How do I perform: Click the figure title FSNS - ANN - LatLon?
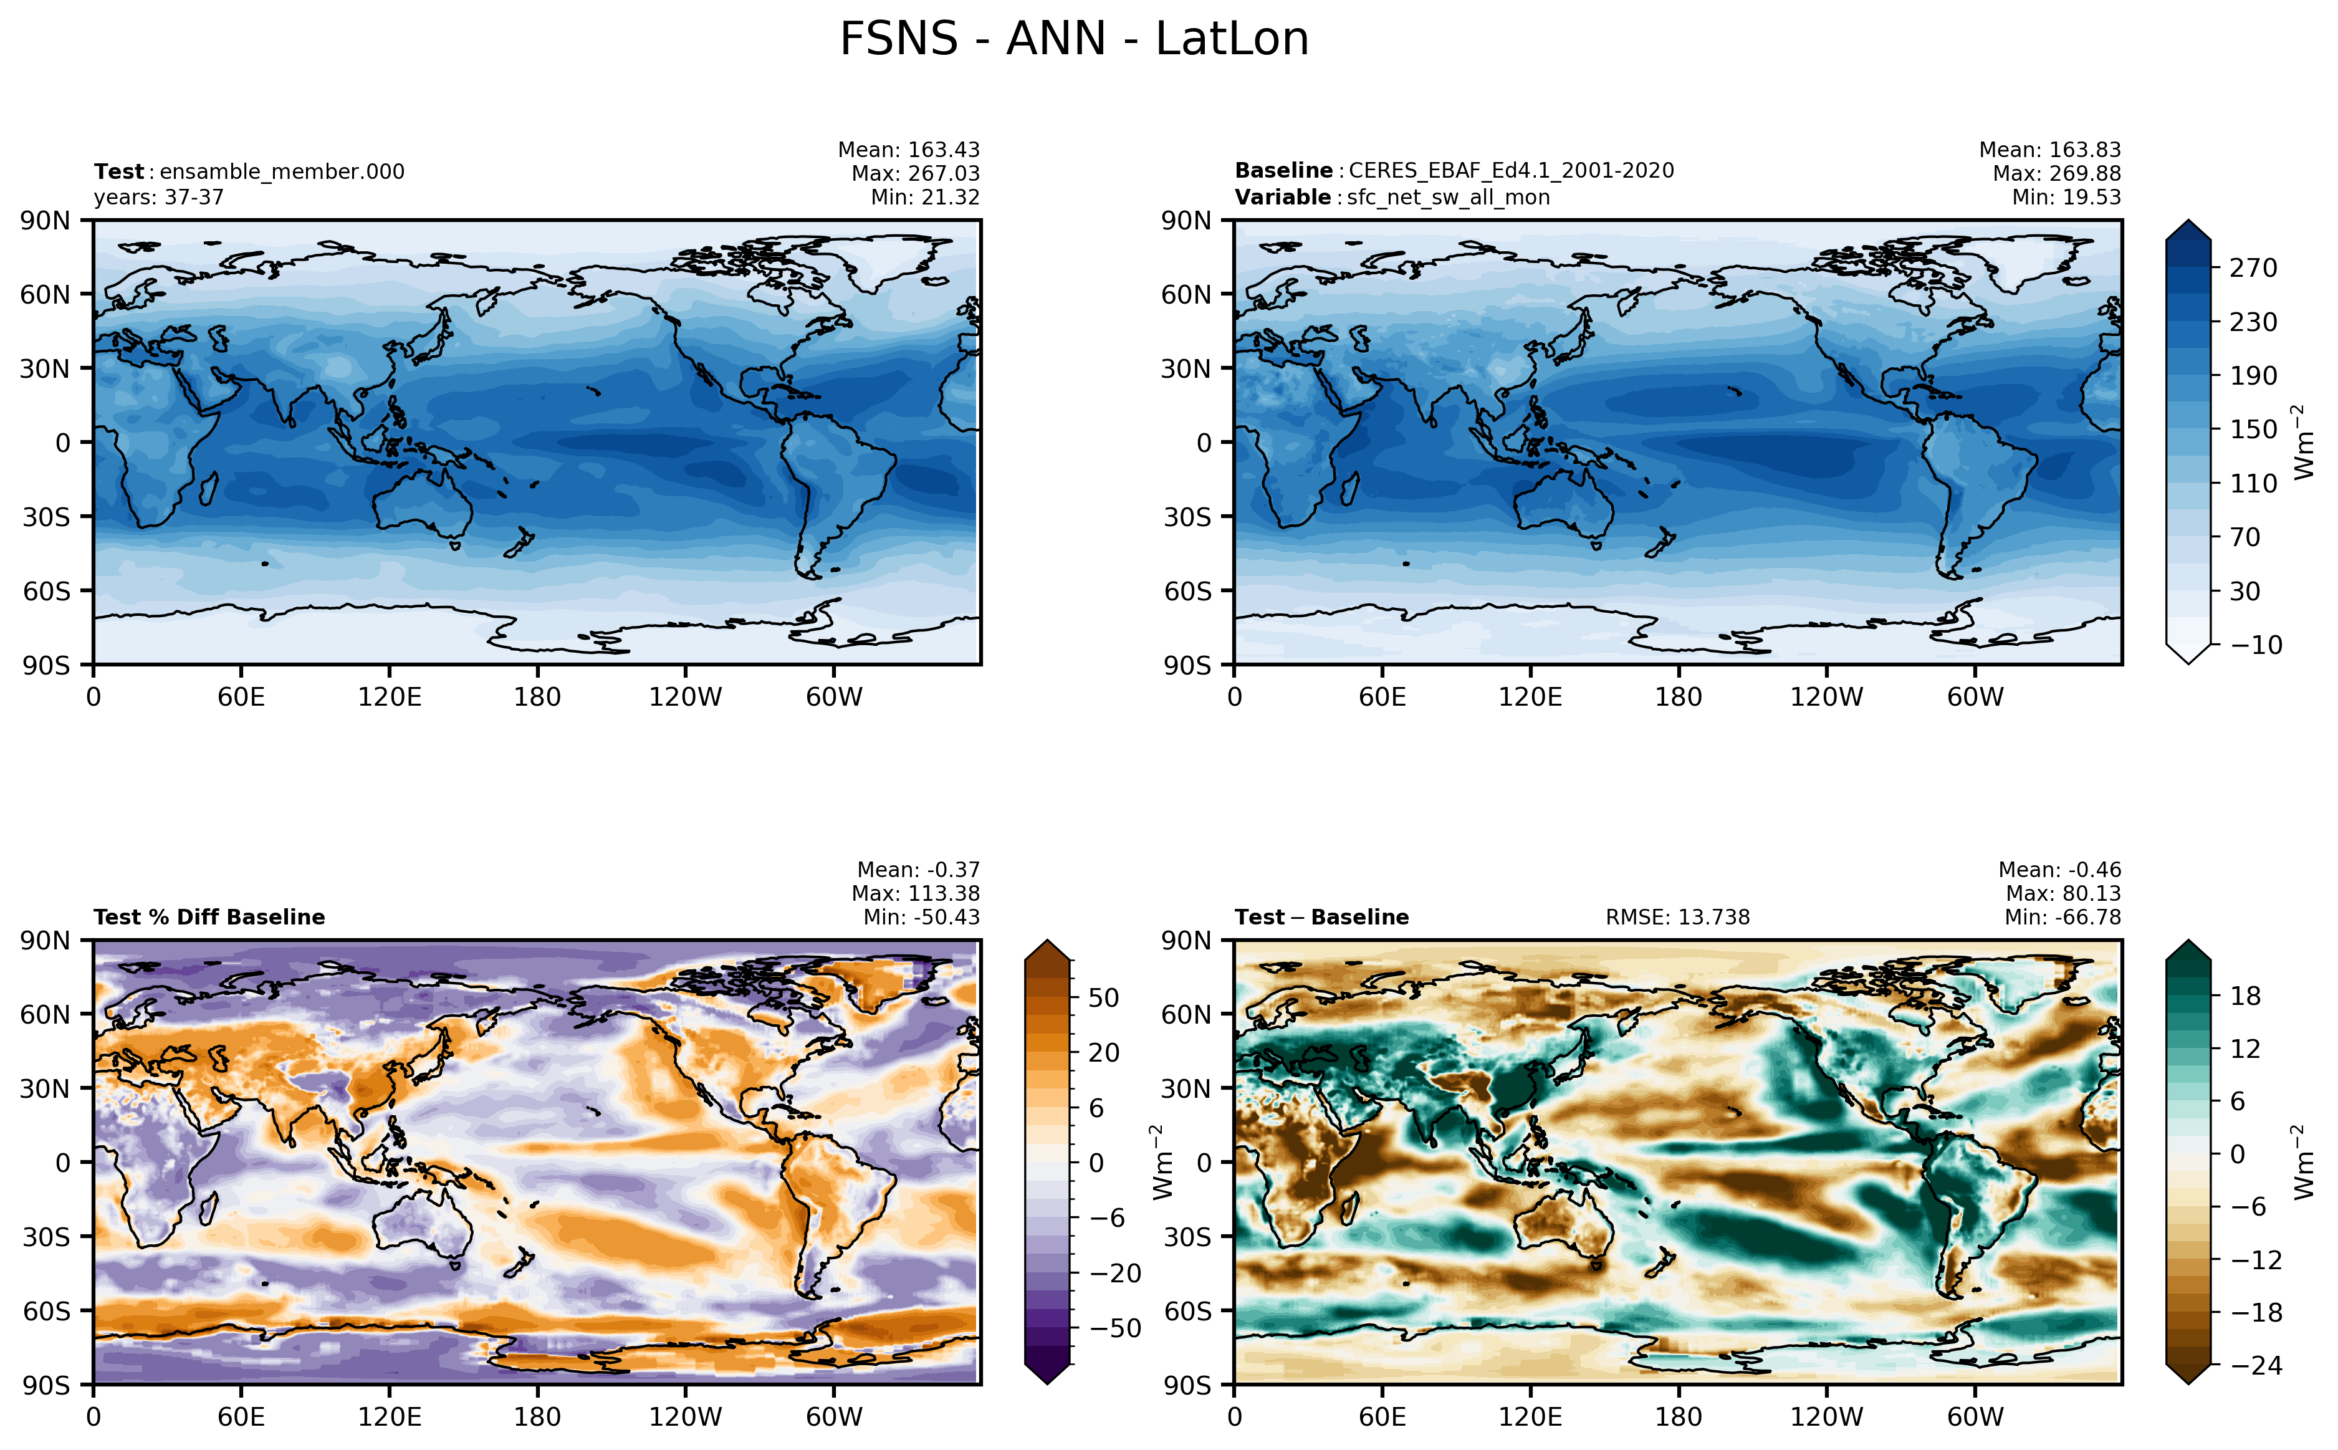point(1073,39)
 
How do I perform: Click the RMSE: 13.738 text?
point(1677,917)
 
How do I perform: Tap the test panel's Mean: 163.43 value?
point(909,150)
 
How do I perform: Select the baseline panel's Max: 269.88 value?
point(2056,173)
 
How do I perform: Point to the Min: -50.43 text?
point(921,917)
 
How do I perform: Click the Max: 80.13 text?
point(2063,893)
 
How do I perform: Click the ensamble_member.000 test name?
point(282,171)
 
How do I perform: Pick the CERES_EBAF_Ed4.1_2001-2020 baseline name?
point(1511,171)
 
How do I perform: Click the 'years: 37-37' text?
point(158,198)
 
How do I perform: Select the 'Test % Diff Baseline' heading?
point(209,917)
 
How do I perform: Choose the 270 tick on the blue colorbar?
point(2253,267)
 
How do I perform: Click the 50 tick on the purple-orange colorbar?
point(1103,997)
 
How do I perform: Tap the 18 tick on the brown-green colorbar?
point(2245,996)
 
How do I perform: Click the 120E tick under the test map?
point(389,697)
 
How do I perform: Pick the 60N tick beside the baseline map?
point(1187,294)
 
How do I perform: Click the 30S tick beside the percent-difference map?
point(47,1237)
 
